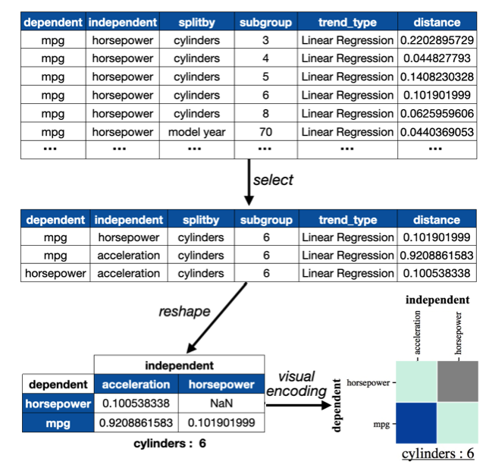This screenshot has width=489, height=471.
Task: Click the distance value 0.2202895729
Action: (x=437, y=40)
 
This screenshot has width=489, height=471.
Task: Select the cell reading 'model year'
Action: (x=197, y=132)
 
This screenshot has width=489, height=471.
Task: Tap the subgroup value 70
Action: (x=265, y=132)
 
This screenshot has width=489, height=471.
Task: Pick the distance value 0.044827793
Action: (x=437, y=58)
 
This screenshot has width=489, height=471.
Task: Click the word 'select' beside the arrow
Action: (x=273, y=180)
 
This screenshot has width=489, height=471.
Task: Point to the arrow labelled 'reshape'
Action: (x=217, y=318)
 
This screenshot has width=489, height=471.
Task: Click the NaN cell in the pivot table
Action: (x=221, y=403)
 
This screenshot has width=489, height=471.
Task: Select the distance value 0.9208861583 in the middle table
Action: (x=437, y=256)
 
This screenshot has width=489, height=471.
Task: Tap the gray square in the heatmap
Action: (x=457, y=382)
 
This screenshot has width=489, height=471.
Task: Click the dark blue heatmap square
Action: (x=416, y=422)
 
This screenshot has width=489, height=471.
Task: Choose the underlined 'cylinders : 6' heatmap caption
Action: (x=438, y=454)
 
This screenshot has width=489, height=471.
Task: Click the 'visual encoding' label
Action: (x=296, y=384)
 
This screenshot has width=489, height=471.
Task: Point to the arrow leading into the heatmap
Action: (x=298, y=405)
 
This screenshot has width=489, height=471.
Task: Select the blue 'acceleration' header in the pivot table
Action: (x=136, y=385)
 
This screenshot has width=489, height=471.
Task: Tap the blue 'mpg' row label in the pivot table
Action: (x=58, y=423)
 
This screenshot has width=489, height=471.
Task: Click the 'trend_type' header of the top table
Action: (x=347, y=23)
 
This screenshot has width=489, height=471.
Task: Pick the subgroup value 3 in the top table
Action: (x=265, y=40)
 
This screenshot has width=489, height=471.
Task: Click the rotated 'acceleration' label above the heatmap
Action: (x=417, y=332)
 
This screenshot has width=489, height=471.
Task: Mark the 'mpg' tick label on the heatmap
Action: (x=381, y=425)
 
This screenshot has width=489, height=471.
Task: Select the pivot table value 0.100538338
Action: (x=136, y=403)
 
